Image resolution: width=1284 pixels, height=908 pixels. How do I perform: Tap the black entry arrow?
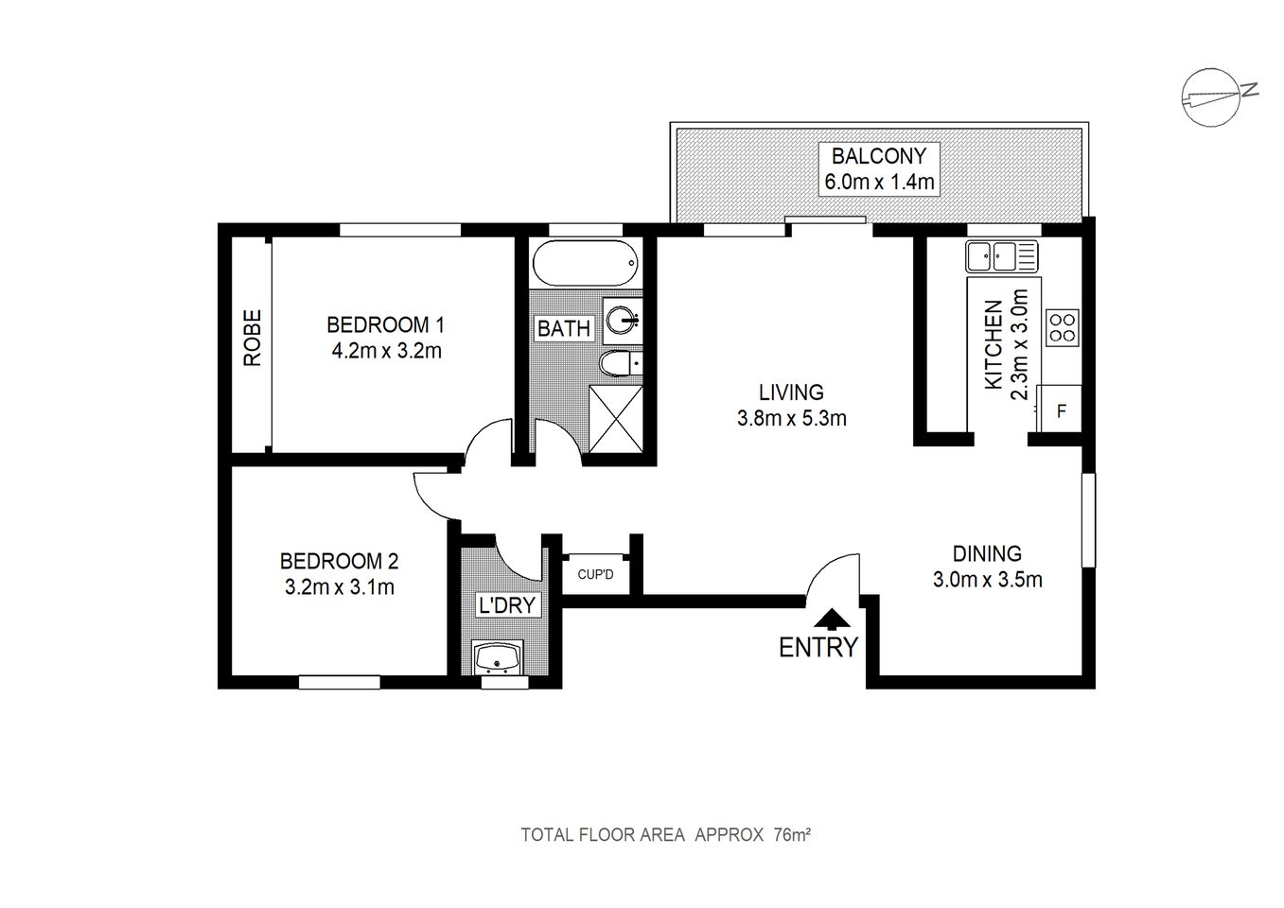[831, 619]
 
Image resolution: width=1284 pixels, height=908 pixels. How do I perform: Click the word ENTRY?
[818, 648]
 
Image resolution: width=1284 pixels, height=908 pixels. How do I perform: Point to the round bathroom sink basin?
[623, 321]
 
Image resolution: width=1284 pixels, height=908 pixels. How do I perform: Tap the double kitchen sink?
[1001, 255]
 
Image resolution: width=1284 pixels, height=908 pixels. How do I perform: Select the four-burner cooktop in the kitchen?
[1062, 327]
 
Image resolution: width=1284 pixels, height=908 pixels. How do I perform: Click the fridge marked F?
[1061, 410]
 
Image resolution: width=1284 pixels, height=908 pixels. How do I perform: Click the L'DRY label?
[507, 605]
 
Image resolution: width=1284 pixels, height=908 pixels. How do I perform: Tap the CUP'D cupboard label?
[595, 574]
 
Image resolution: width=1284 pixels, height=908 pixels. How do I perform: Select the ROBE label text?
[252, 339]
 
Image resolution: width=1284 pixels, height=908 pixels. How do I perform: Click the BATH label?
[564, 328]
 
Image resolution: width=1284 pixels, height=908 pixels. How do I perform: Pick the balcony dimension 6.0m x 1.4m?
[880, 183]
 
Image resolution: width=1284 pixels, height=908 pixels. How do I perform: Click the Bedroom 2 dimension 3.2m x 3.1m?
[339, 587]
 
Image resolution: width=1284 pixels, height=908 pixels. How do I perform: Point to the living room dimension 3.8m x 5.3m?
[791, 417]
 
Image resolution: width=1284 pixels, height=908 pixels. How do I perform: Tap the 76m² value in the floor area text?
[793, 835]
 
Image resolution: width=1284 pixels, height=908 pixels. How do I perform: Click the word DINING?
[986, 554]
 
